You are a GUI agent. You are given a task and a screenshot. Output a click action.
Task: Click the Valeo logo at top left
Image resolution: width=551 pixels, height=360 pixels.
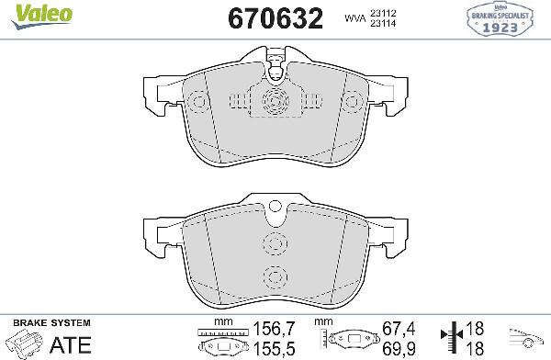[28, 12]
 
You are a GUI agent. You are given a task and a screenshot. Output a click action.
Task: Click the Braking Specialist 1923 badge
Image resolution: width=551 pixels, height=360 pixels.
[500, 19]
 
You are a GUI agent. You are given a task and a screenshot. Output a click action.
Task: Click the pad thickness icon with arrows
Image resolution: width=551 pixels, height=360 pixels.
[449, 339]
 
